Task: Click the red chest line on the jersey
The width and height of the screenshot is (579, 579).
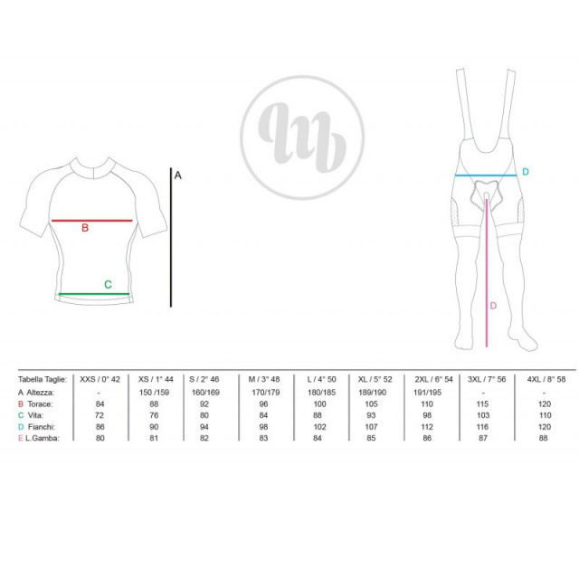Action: [x=92, y=221]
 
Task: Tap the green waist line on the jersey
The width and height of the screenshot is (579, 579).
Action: [x=94, y=294]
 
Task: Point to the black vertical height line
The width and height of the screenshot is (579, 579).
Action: [x=171, y=237]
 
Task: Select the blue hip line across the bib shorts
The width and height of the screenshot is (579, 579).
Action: [x=486, y=176]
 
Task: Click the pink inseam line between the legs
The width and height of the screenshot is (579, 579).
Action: [x=487, y=273]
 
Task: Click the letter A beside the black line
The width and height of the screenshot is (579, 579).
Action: [x=178, y=176]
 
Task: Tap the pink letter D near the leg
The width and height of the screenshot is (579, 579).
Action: [x=493, y=306]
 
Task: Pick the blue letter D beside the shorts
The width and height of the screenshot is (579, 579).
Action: [x=526, y=172]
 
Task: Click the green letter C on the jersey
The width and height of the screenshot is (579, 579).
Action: [x=108, y=284]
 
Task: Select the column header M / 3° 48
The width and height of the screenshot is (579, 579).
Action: [x=264, y=379]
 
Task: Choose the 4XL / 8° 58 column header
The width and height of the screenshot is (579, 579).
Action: [x=546, y=379]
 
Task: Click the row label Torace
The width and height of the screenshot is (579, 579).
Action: [x=40, y=404]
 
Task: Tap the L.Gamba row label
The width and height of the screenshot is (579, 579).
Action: [x=43, y=438]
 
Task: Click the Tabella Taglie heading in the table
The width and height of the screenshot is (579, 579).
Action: [x=43, y=379]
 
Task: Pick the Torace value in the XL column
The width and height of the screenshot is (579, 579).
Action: [x=371, y=404]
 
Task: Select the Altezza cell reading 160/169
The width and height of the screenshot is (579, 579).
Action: [x=205, y=392]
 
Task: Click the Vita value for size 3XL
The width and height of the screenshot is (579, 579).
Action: [x=483, y=415]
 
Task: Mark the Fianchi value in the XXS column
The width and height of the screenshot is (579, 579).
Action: [x=100, y=427]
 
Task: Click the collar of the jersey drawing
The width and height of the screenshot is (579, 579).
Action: [x=94, y=167]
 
